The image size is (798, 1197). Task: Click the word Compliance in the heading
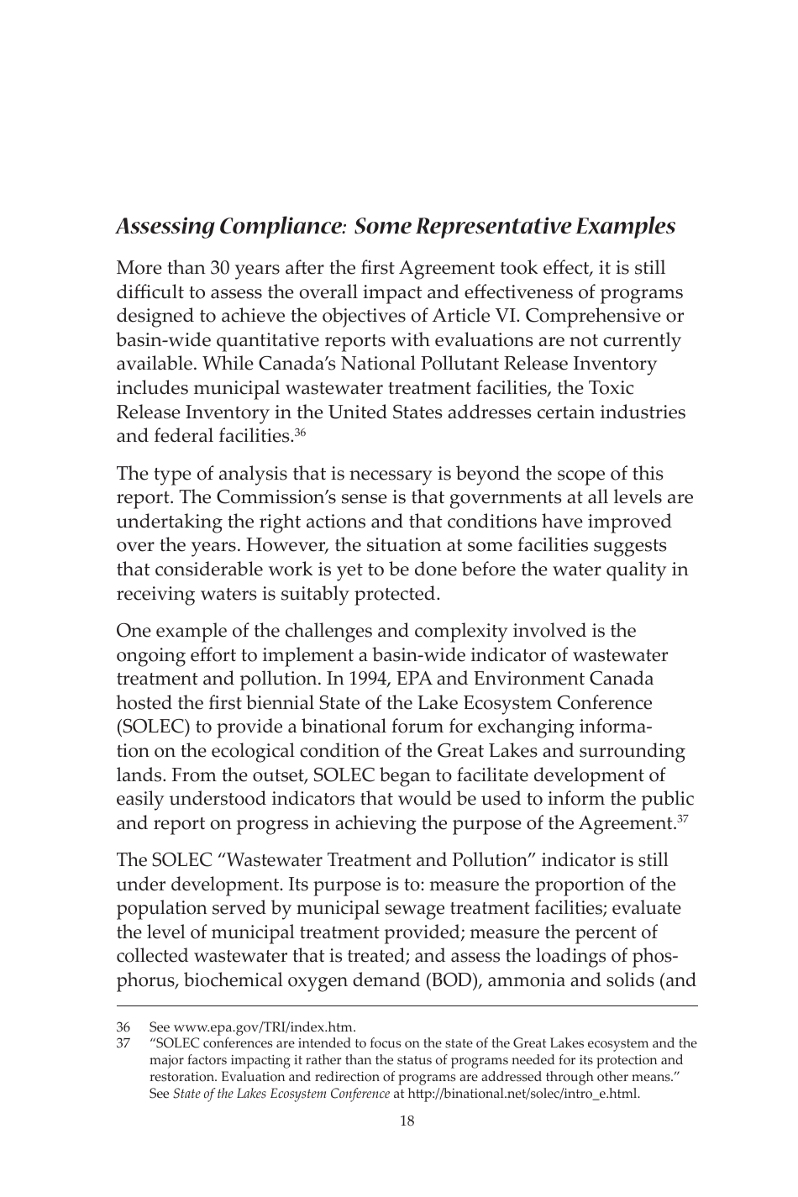pos(281,227)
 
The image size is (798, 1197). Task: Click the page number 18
pos(407,1121)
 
